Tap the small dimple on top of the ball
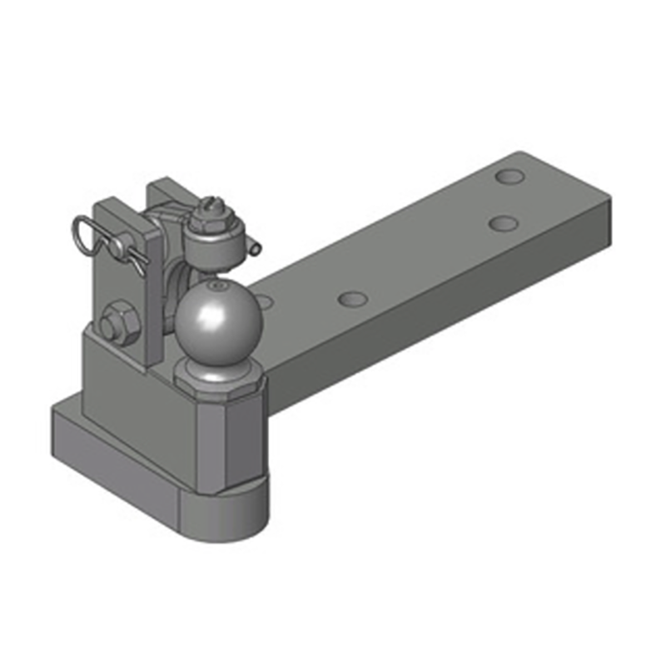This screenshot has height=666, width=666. coord(218,287)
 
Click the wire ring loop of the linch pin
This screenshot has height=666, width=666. coord(82,228)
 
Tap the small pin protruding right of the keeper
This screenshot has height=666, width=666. coord(254,246)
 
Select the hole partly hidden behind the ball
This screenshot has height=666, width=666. coord(265,300)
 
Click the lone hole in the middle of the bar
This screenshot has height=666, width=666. coord(353,297)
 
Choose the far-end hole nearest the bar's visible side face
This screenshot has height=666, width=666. coord(502,223)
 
